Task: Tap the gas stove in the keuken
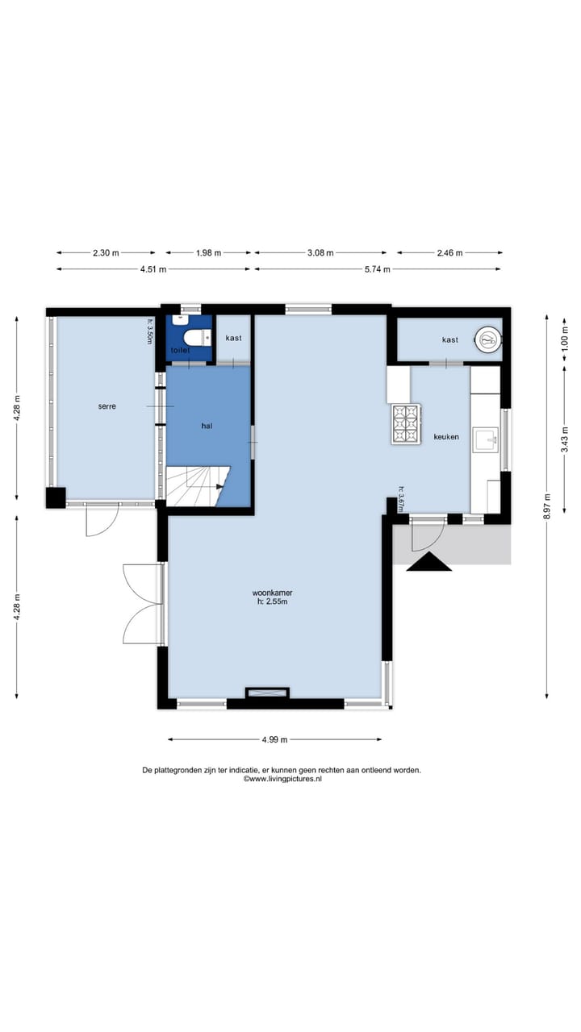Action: pos(406,424)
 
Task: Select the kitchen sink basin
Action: pos(485,440)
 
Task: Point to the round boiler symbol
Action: pos(488,340)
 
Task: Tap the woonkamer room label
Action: pos(272,593)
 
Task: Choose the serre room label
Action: pos(107,406)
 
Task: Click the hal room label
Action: pos(207,427)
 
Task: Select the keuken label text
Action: pos(446,437)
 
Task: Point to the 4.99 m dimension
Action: pos(275,740)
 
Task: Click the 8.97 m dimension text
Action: pos(547,506)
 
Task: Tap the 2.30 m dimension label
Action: pos(106,252)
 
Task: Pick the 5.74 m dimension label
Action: pos(377,269)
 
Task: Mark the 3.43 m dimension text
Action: pos(565,440)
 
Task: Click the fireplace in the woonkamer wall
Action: pos(267,693)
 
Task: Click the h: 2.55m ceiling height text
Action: pos(272,601)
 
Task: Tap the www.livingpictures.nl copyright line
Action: pos(282,779)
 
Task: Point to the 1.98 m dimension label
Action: pos(208,252)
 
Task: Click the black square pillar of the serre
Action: pos(56,497)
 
